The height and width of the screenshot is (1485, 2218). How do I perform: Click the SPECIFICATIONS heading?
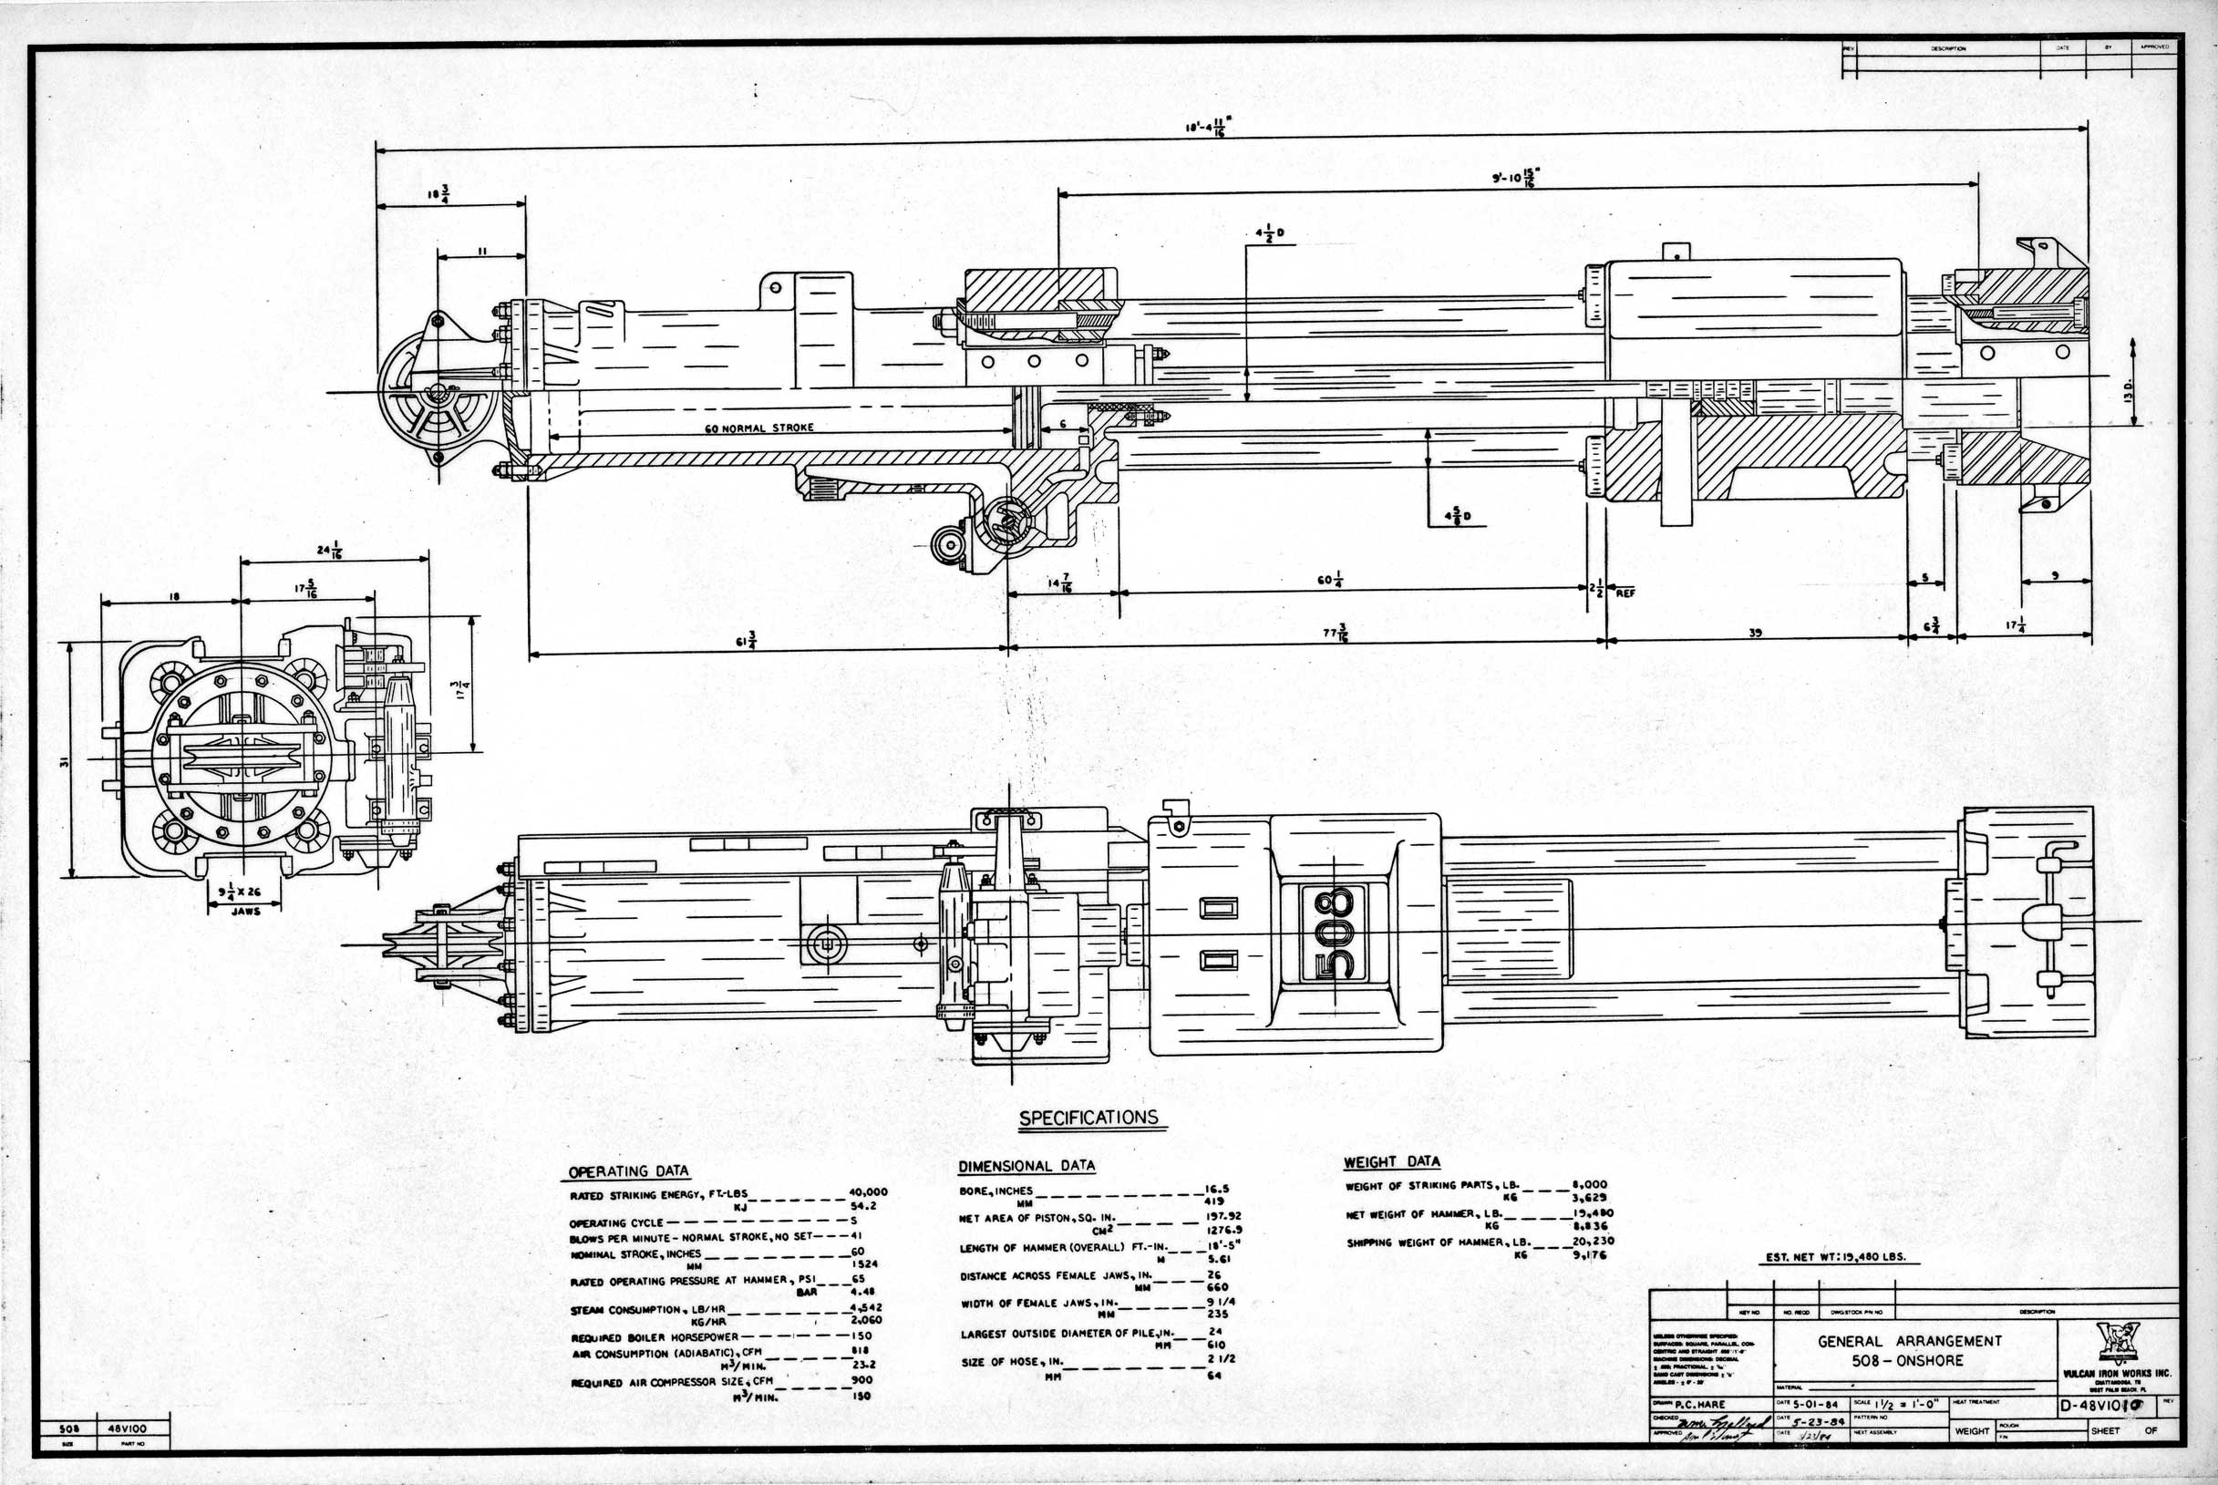pyautogui.click(x=1088, y=1118)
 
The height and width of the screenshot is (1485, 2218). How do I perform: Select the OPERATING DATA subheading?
pyautogui.click(x=628, y=1171)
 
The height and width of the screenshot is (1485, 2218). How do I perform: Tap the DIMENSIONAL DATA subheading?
pyautogui.click(x=1026, y=1167)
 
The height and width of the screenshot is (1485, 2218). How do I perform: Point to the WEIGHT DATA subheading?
pyautogui.click(x=1391, y=1162)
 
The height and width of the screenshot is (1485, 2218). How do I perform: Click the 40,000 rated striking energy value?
pyautogui.click(x=868, y=1192)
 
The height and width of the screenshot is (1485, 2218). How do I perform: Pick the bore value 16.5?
pyautogui.click(x=1216, y=1191)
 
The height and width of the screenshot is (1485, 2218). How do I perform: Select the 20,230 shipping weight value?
pyautogui.click(x=1592, y=1241)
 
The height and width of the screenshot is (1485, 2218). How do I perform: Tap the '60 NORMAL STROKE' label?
pyautogui.click(x=758, y=428)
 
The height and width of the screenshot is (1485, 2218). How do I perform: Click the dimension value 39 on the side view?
pyautogui.click(x=1754, y=634)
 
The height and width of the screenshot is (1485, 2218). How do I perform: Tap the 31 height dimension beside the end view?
pyautogui.click(x=64, y=760)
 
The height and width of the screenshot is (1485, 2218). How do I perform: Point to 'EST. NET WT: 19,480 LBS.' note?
pyautogui.click(x=1842, y=1259)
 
